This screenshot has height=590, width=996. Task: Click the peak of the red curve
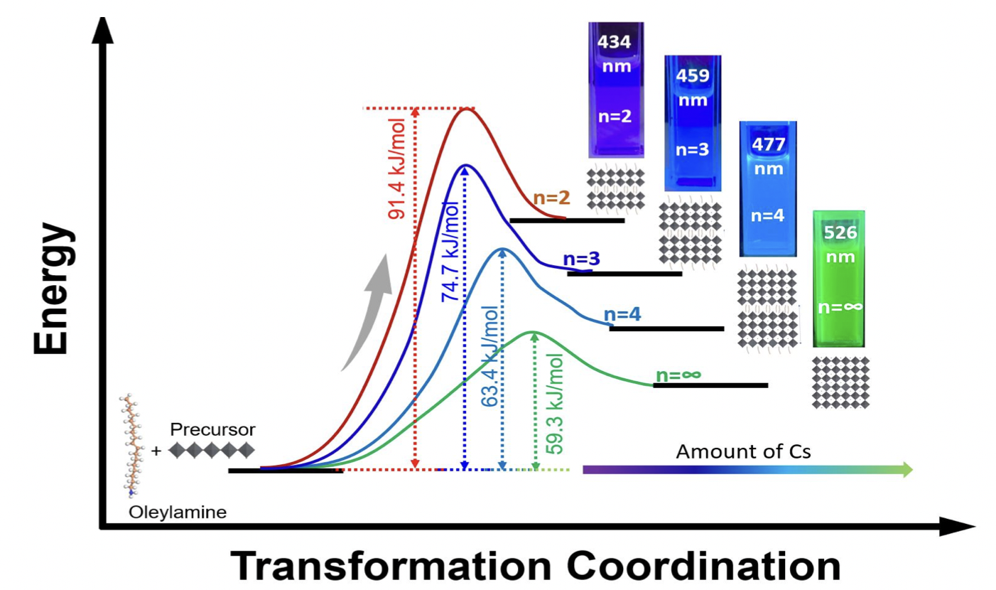click(x=465, y=109)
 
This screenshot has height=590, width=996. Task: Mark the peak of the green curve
click(x=532, y=332)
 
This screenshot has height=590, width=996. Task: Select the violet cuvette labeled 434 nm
click(x=615, y=90)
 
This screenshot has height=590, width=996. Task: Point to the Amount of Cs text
click(x=743, y=451)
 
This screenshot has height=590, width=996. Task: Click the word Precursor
click(x=212, y=429)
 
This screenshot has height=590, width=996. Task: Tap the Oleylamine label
click(x=178, y=512)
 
